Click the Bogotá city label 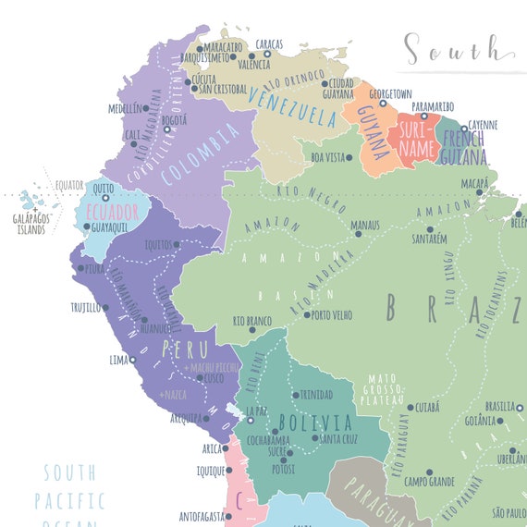pos(174,119)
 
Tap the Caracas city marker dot pos(265,54)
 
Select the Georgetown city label pos(388,94)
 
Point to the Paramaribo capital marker pos(424,116)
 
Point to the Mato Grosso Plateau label pos(381,389)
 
